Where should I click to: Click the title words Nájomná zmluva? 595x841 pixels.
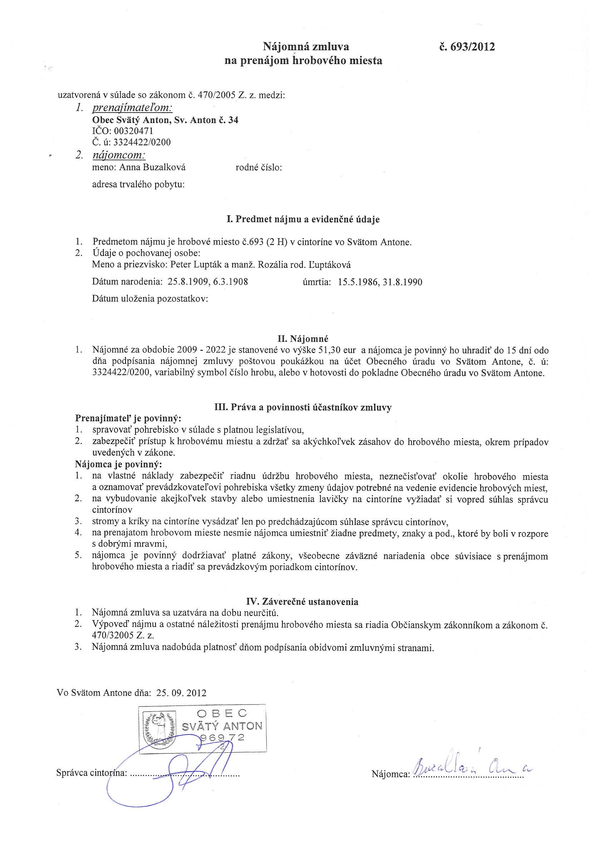[306, 46]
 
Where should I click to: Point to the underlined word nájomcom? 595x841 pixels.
[119, 155]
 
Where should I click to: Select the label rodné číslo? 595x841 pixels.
[258, 168]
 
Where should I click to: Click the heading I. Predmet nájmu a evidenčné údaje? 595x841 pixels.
[303, 220]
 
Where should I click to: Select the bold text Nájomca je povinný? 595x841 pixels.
[118, 464]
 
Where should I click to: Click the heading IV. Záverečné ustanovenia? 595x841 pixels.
[302, 601]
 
